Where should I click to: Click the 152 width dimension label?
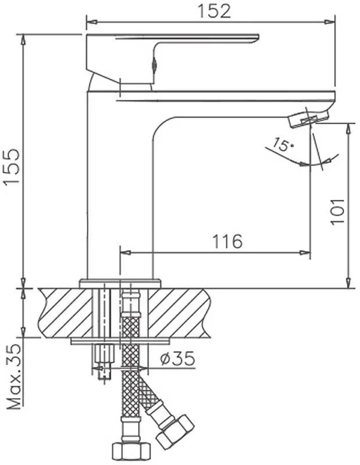coord(214,11)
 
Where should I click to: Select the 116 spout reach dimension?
coord(227,241)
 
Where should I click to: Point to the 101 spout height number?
coord(338,211)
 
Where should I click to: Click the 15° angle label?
coord(282,144)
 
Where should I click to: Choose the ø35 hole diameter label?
coord(177,359)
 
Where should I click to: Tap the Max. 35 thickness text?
coord(14,377)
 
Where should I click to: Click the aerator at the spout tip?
coord(309,119)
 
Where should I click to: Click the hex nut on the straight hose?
coord(131,453)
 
